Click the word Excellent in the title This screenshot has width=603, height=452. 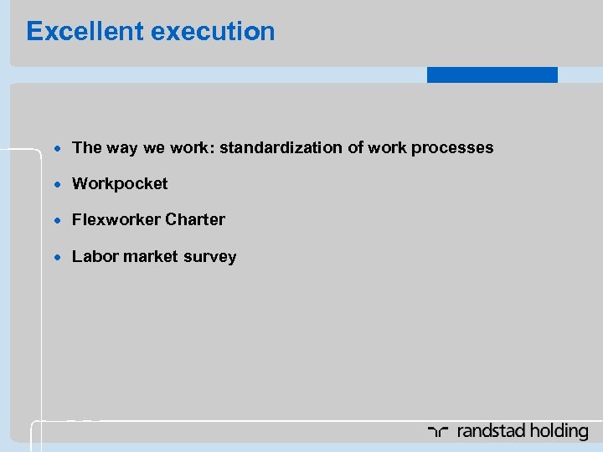(83, 32)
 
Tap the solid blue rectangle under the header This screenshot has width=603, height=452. (492, 74)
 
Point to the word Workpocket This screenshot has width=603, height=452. (120, 183)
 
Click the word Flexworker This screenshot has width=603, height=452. (116, 220)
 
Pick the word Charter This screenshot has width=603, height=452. (195, 220)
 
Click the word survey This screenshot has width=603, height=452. (209, 257)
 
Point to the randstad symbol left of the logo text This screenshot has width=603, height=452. (439, 432)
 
